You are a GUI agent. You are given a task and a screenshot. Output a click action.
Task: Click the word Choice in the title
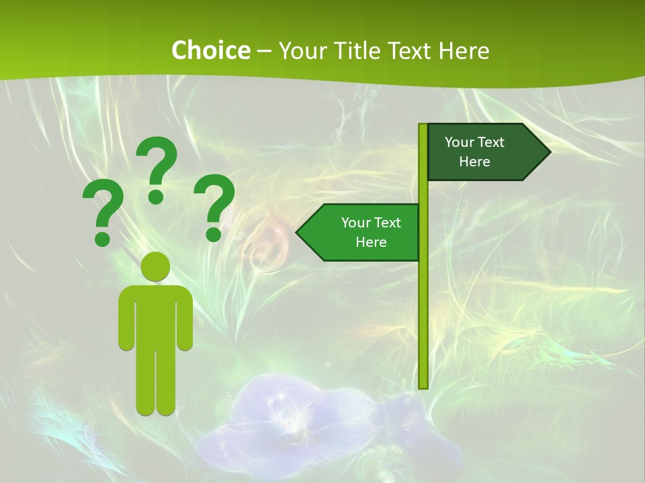click(x=210, y=50)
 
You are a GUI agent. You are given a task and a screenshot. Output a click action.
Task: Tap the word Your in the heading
click(x=302, y=50)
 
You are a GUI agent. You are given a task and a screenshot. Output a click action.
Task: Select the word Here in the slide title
click(x=464, y=50)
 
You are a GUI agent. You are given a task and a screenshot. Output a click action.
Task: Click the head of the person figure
click(x=156, y=266)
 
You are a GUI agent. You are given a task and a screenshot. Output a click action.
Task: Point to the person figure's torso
click(x=156, y=315)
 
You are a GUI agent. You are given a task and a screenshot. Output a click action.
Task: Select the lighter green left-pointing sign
click(x=363, y=232)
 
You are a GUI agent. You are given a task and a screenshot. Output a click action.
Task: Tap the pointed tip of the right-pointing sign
click(x=549, y=152)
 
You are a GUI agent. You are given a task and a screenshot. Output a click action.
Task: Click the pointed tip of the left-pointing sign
click(x=298, y=232)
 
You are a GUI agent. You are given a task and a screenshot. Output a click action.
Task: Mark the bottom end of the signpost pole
click(x=423, y=386)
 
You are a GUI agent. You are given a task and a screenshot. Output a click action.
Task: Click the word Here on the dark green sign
click(x=474, y=162)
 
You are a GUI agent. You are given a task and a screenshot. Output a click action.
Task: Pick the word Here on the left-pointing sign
click(x=371, y=242)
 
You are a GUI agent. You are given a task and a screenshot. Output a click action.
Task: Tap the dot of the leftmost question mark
click(x=103, y=237)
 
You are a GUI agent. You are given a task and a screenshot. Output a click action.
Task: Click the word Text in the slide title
click(x=413, y=50)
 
